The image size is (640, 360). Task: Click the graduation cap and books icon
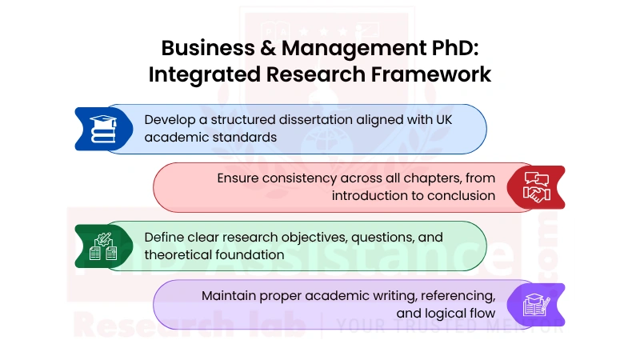coord(102,128)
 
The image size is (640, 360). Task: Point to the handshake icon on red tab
coord(536,187)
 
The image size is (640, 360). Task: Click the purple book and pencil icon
coord(535,304)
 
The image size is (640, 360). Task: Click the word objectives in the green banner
coord(310,237)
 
